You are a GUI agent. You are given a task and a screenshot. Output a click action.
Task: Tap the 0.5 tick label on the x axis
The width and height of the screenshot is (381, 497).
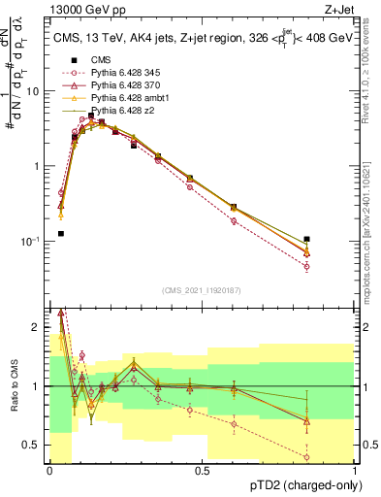click(x=202, y=471)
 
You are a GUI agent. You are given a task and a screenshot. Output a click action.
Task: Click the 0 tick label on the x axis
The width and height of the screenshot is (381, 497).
click(x=49, y=471)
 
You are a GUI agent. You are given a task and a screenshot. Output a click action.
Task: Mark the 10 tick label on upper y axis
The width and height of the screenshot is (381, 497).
click(x=34, y=90)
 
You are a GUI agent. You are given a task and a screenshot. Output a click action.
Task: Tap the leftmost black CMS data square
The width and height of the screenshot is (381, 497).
click(x=61, y=234)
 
